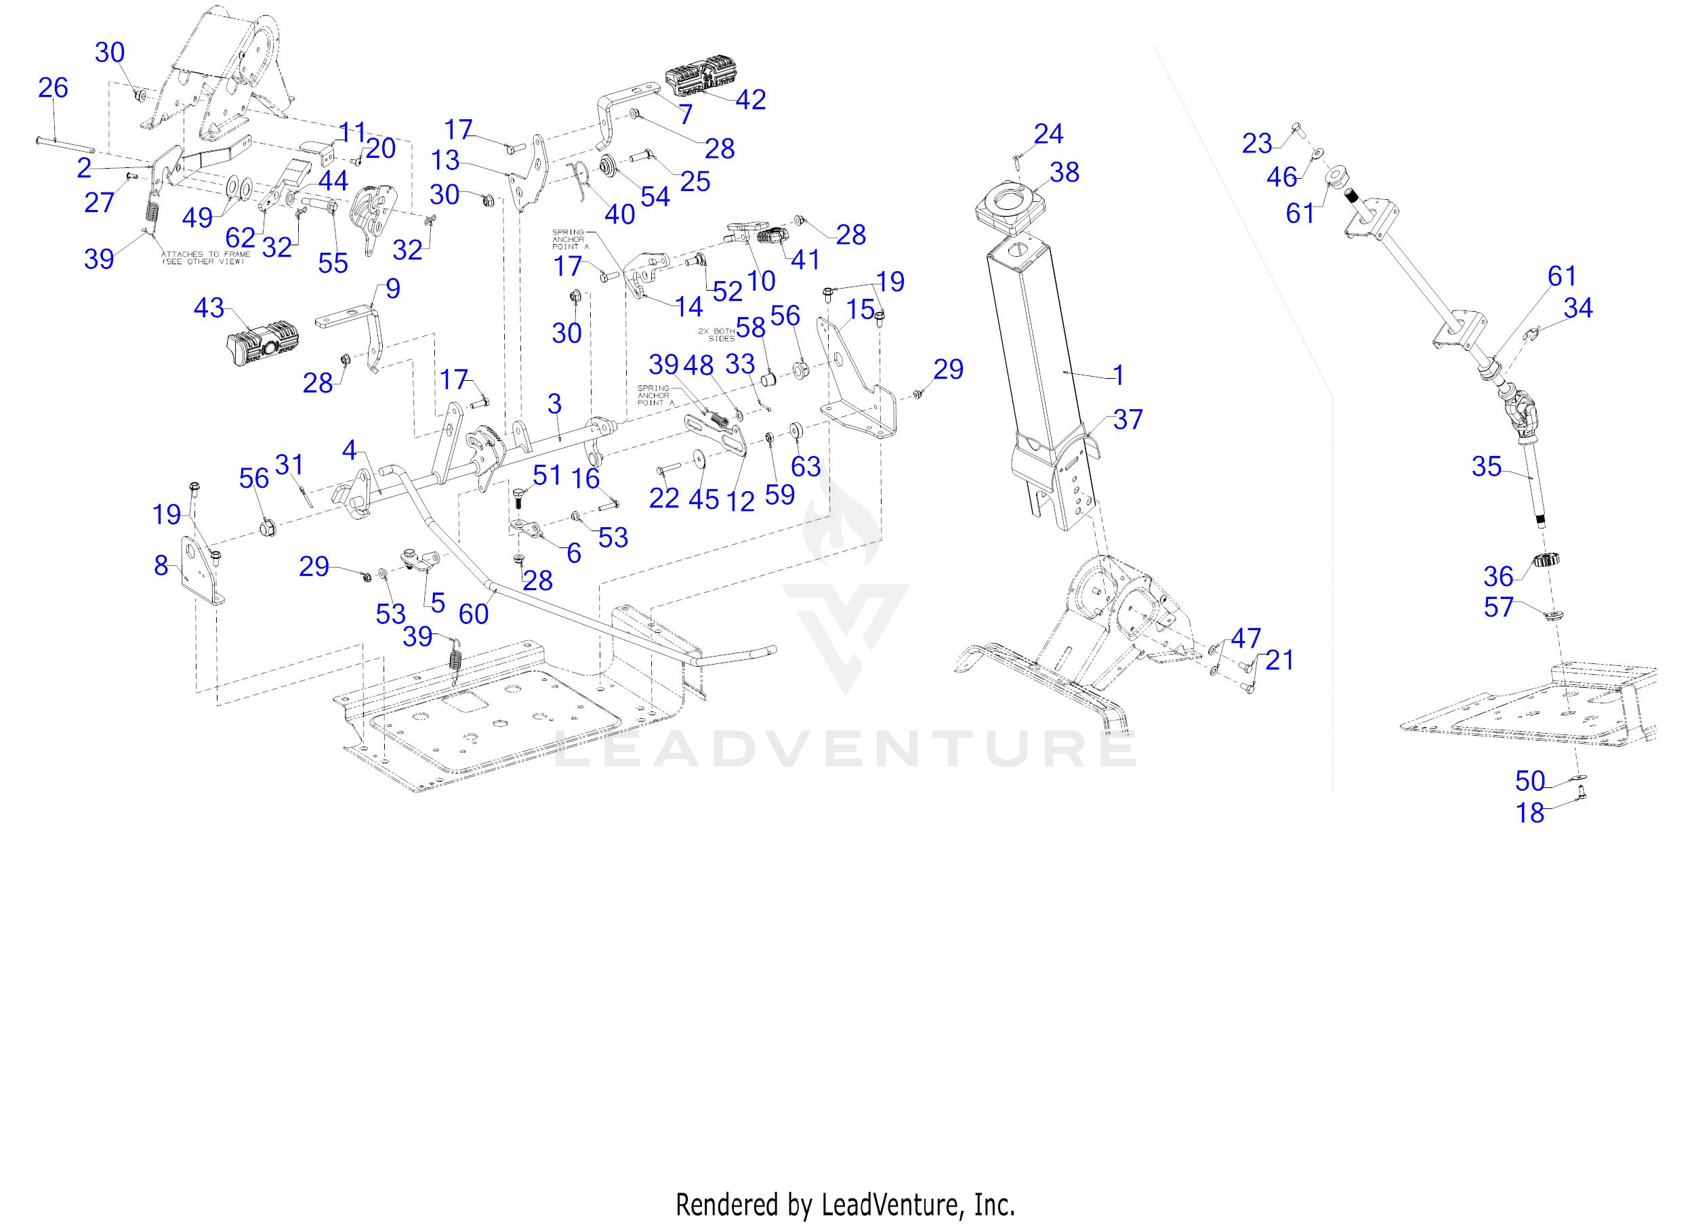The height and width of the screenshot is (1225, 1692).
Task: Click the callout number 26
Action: click(53, 88)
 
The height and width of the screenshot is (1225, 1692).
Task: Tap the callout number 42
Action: click(751, 100)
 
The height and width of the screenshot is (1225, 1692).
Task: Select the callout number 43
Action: click(209, 308)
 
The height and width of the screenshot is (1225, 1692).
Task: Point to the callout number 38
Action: click(1064, 172)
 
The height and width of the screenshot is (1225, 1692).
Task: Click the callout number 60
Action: click(474, 613)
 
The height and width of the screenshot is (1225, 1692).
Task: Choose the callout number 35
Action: click(1486, 467)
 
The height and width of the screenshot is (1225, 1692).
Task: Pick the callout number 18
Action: click(1530, 813)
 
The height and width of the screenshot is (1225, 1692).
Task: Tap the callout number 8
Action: click(161, 566)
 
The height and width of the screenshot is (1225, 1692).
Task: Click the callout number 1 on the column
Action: click(1117, 375)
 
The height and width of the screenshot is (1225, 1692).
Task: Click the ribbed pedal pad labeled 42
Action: click(697, 81)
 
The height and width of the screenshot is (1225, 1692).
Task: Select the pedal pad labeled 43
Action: click(264, 344)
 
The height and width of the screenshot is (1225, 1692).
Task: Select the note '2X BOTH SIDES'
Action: click(716, 334)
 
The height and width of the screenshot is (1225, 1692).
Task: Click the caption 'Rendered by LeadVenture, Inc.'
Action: click(845, 1204)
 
